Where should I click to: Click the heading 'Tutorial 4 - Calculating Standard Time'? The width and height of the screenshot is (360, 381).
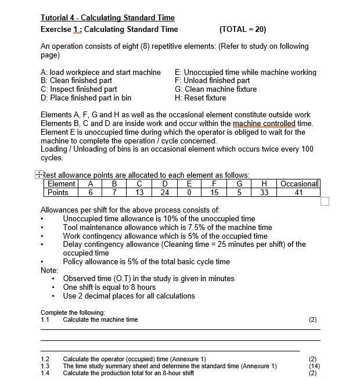point(107,18)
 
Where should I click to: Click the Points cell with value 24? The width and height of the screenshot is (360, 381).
point(165,193)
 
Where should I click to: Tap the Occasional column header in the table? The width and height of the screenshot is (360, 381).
point(300,184)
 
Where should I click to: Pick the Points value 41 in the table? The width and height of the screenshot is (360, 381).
point(299,193)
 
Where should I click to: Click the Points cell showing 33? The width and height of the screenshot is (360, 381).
point(264,193)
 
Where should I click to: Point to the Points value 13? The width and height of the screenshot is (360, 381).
point(139,193)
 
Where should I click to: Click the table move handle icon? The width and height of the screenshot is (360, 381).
point(38,174)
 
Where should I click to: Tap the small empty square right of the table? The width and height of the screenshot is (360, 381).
point(325,201)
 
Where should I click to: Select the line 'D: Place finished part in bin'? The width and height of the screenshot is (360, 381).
point(86,98)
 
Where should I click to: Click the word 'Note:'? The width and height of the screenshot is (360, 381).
point(49,270)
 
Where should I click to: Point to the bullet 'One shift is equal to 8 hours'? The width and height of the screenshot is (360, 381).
point(109,287)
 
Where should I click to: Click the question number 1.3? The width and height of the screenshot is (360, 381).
point(45,366)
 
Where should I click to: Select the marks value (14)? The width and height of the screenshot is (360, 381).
point(314,366)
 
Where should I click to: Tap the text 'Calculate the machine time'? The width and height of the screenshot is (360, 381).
point(100,319)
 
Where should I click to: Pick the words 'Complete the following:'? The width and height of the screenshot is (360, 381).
point(72,313)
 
